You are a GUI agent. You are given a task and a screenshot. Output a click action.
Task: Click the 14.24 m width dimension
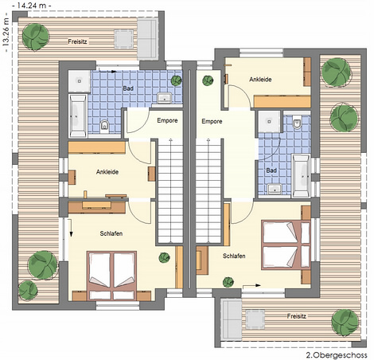32,6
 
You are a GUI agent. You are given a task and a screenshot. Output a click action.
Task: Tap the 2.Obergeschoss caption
337,355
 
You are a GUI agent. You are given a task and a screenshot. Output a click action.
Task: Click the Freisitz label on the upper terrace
77,41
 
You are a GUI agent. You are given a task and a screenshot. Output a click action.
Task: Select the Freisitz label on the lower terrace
297,316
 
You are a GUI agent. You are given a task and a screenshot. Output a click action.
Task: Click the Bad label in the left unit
128,88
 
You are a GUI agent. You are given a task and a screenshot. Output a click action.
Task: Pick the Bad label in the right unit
271,170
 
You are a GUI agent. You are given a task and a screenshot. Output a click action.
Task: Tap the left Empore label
167,120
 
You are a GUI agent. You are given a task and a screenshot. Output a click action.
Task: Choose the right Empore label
212,121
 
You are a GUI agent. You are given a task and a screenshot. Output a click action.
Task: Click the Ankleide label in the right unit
260,79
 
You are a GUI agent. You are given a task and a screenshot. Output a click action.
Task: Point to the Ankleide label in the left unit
107,172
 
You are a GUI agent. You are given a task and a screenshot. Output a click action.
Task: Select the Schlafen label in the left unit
111,233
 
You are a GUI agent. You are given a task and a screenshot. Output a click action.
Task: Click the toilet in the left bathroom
105,126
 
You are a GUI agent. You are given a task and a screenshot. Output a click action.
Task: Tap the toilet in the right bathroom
297,123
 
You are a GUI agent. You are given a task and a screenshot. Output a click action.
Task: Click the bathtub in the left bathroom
78,115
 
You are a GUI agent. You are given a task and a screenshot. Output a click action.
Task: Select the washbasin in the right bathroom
275,189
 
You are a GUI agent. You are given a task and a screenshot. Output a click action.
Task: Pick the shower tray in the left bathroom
80,81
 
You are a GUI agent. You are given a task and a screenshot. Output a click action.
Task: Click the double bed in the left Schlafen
112,276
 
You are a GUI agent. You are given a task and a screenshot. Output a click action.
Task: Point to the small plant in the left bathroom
176,80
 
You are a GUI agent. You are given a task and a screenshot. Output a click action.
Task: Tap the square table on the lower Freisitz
255,319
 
